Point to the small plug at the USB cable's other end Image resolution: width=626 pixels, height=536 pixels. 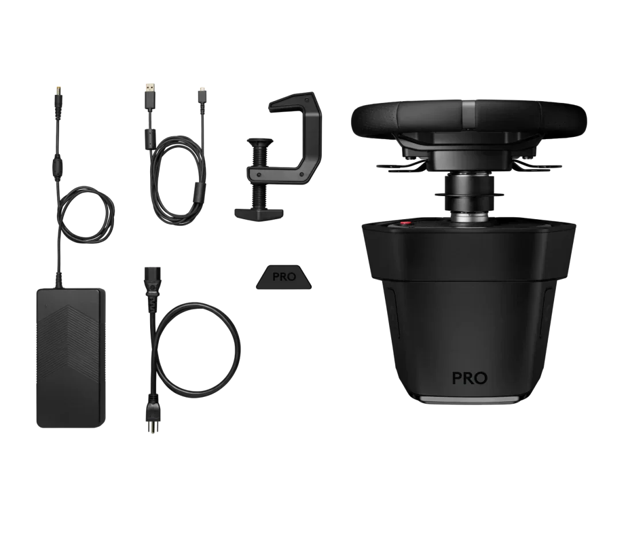click(202, 90)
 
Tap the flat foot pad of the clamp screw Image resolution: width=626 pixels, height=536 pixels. click(258, 213)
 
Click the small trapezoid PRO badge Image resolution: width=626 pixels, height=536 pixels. click(284, 277)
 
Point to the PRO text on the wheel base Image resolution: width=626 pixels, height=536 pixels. click(469, 378)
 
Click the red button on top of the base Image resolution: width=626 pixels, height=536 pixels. click(406, 223)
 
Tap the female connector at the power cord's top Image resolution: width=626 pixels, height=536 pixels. click(151, 275)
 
